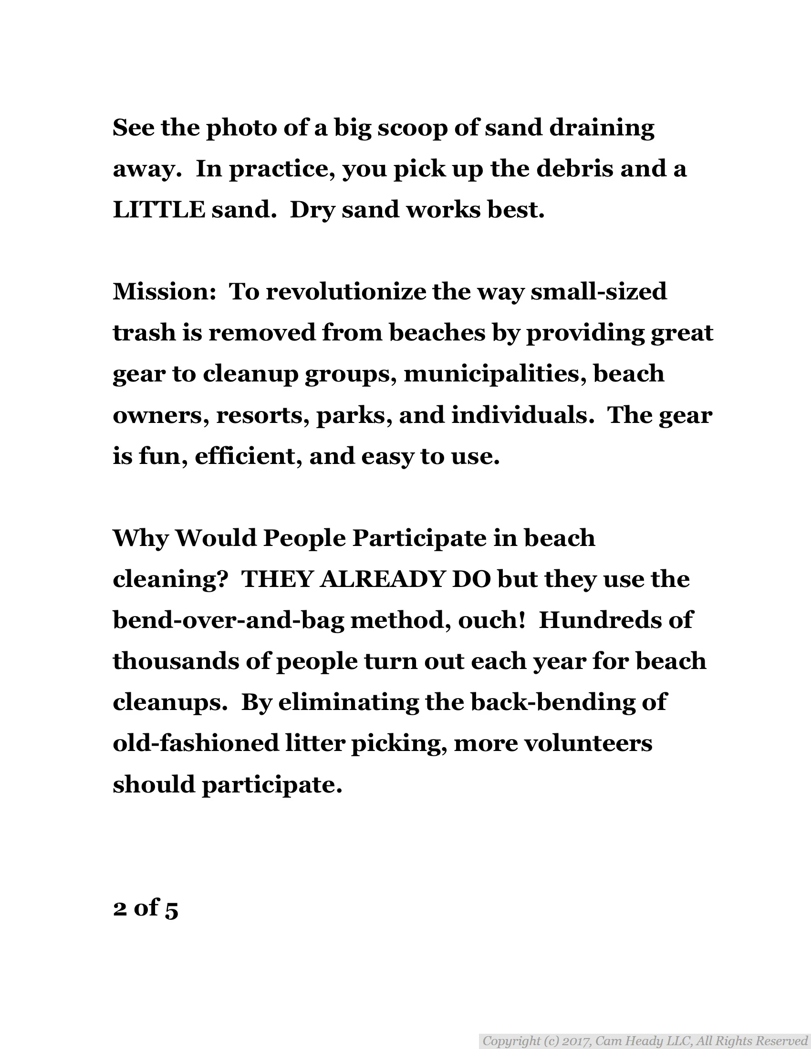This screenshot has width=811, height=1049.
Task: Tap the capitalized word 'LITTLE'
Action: pyautogui.click(x=159, y=210)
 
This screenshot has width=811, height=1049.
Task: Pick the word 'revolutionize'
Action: pyautogui.click(x=346, y=292)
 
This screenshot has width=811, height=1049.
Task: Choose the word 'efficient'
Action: pyautogui.click(x=249, y=456)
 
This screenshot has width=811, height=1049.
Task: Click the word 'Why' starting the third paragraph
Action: pyautogui.click(x=140, y=538)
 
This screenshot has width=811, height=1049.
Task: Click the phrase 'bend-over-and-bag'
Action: pyautogui.click(x=229, y=620)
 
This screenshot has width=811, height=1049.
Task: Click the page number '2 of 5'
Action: pyautogui.click(x=146, y=908)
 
